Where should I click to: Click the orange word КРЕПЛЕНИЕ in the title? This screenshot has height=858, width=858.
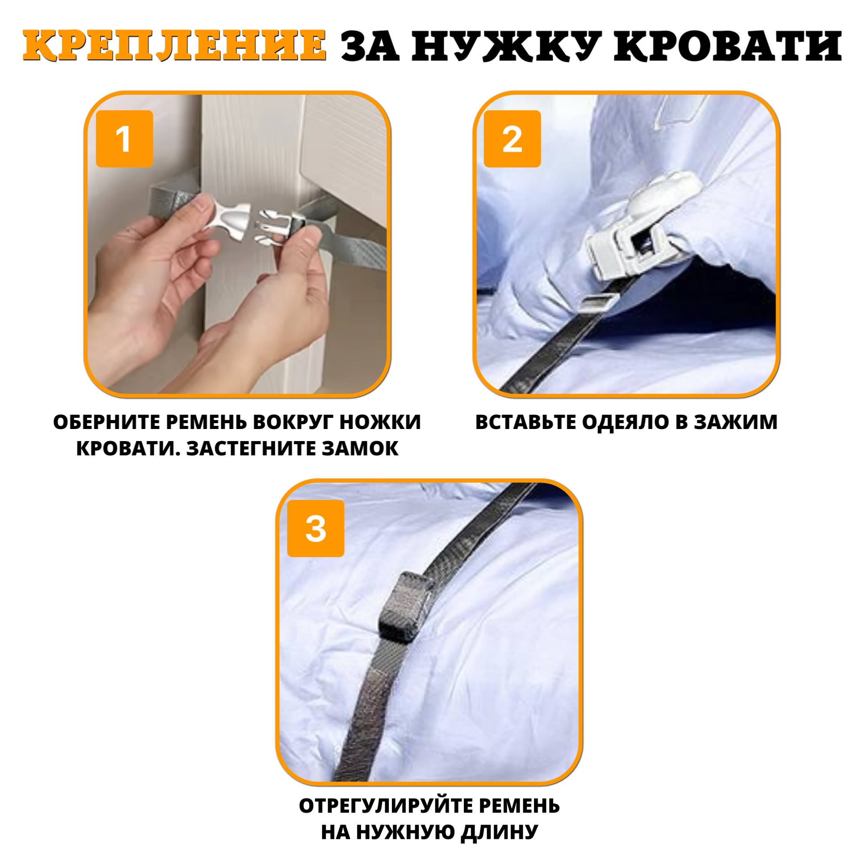coord(174,46)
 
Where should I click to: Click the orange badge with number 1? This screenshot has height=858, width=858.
coord(124,139)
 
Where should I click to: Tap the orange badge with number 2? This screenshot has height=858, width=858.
coord(512,139)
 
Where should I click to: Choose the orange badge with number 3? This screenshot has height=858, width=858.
coord(315,528)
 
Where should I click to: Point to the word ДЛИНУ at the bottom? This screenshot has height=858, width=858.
coord(499,832)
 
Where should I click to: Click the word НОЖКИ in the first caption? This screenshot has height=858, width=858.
coord(380,422)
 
